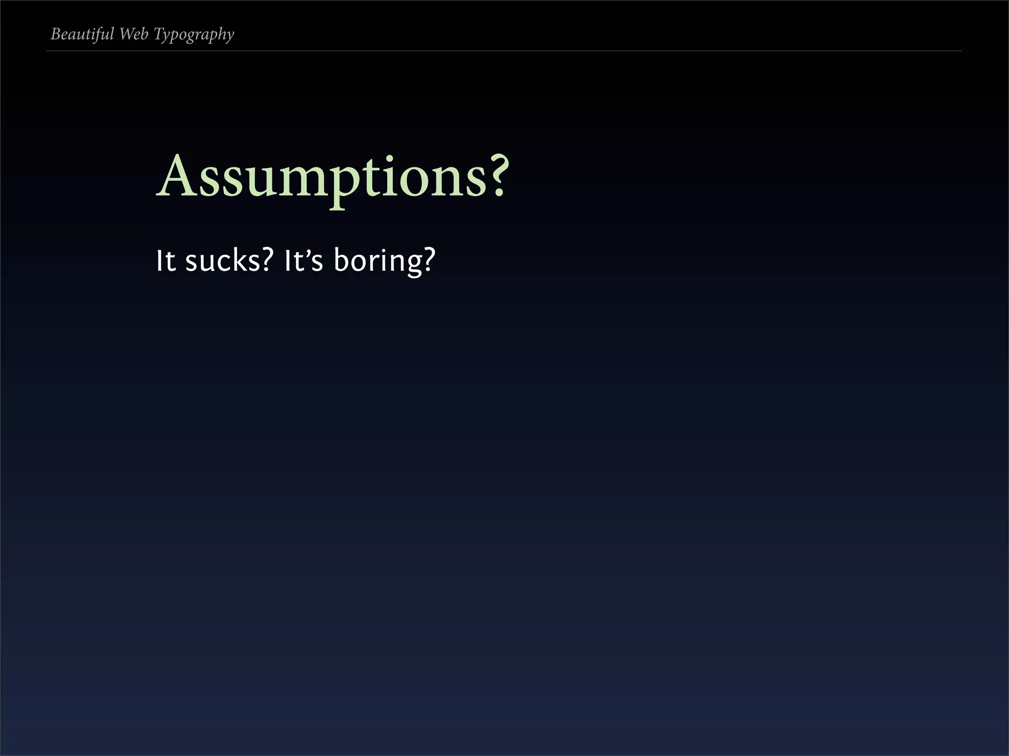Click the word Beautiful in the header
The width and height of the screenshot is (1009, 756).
point(82,34)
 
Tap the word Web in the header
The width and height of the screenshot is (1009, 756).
point(134,34)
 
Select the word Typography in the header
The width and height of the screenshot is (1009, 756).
point(194,35)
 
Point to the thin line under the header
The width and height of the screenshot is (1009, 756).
point(504,51)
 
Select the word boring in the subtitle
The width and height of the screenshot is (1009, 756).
point(378,261)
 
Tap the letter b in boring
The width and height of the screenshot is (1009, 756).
point(342,259)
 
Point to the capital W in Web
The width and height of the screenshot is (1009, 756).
point(126,34)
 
